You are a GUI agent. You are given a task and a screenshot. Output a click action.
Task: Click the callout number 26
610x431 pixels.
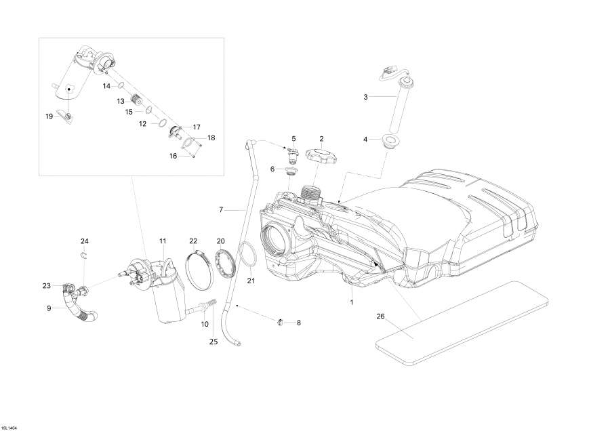[380, 316]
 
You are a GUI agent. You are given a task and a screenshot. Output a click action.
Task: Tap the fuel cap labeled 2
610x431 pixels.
[324, 158]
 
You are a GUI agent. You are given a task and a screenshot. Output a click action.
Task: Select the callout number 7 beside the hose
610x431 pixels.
[220, 210]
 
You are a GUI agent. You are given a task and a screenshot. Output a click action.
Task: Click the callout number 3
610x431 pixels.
[365, 97]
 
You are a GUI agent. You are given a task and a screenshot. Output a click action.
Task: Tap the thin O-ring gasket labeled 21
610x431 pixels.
[248, 258]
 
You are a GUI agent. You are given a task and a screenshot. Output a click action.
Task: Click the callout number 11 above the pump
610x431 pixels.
[163, 241]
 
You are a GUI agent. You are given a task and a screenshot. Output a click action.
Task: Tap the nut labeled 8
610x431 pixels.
[281, 321]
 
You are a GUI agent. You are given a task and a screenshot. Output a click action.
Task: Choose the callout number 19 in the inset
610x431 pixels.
[49, 117]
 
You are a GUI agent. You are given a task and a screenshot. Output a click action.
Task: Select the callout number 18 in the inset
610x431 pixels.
[211, 138]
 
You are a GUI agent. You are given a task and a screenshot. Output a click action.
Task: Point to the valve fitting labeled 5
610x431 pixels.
[293, 157]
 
